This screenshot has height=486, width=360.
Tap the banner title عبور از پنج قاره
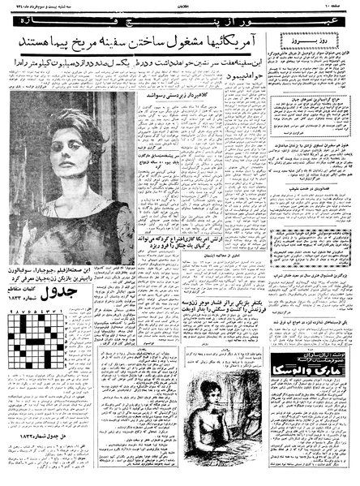coord(180,32)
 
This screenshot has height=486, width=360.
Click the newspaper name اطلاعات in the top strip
coord(180,11)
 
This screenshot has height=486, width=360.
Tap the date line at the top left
coord(45,11)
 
